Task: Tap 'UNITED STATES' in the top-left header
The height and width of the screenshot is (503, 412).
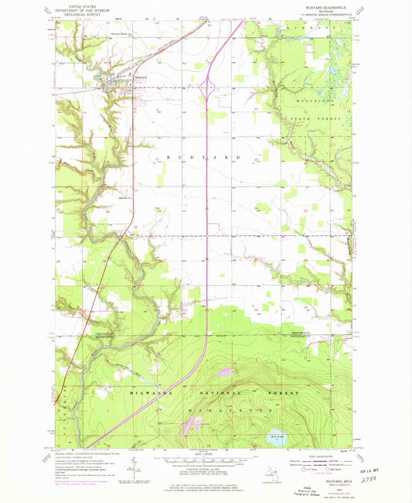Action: coord(87,4)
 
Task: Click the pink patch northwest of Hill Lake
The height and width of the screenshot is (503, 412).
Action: coord(191,424)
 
